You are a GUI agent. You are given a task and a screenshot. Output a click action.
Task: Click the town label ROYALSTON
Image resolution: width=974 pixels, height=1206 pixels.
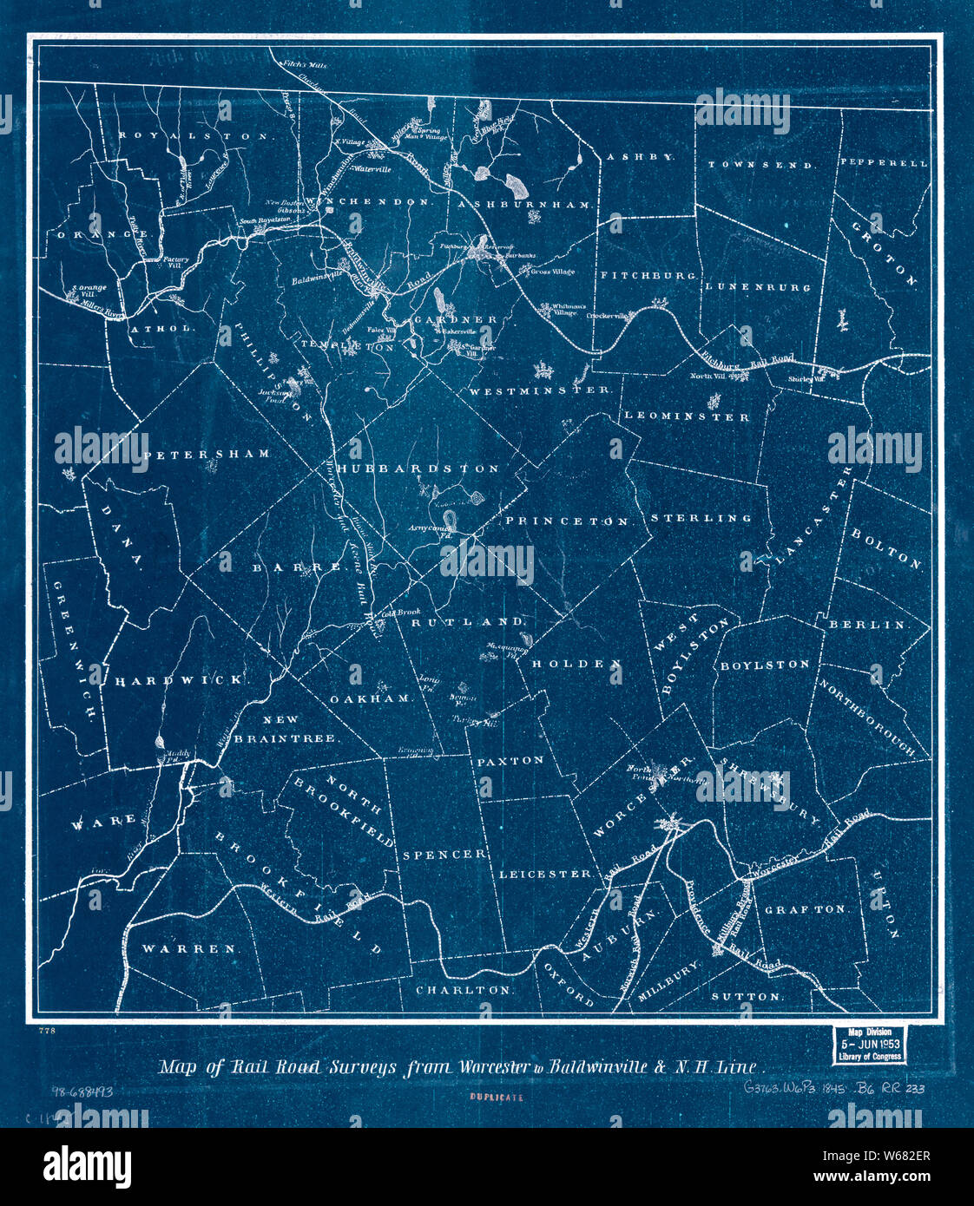point(196,136)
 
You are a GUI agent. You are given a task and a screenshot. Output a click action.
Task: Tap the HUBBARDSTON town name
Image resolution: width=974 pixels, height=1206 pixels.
point(419,469)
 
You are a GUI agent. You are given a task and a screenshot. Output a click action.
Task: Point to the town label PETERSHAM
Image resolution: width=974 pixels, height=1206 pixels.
point(207,454)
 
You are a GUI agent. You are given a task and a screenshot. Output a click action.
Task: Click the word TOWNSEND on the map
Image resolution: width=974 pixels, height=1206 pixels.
point(760,164)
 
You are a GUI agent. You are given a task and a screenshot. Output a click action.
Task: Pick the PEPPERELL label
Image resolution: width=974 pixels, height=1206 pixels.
point(883,162)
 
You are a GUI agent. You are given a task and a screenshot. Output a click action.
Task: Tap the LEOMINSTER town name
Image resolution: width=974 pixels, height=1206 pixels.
point(688,416)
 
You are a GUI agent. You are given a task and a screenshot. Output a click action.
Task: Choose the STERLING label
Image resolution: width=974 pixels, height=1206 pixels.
point(701,518)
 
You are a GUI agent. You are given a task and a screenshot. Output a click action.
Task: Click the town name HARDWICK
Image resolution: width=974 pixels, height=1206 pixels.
point(181,680)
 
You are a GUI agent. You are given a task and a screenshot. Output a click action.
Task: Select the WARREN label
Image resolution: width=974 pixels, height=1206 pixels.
point(189,948)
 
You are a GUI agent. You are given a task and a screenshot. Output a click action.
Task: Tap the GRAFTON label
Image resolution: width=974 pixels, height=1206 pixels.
point(806,909)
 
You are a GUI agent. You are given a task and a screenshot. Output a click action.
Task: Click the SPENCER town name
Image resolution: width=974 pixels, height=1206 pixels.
point(444,855)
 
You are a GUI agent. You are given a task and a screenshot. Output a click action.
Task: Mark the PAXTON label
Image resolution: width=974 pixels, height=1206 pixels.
point(510,760)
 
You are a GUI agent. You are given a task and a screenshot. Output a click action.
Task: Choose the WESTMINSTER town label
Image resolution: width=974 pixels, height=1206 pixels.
point(540,390)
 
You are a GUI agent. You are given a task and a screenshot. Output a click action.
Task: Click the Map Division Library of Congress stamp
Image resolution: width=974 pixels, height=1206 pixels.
point(868,1045)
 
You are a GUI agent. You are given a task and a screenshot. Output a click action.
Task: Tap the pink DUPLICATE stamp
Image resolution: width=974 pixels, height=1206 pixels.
point(497,1097)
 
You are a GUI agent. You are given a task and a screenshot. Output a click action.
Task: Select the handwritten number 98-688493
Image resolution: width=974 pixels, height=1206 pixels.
point(82,1091)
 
